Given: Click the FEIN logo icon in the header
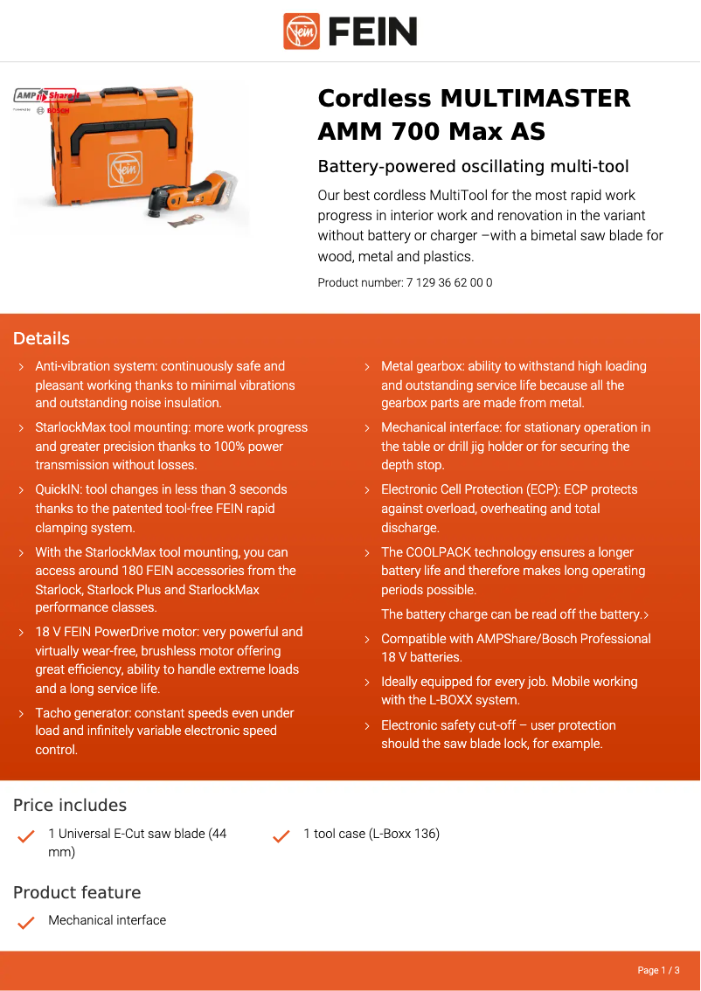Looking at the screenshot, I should pos(302,31).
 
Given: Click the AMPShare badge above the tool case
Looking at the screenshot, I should pos(45,95).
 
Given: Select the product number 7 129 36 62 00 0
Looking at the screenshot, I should pos(449,282).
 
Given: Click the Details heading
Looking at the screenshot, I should pos(41,339).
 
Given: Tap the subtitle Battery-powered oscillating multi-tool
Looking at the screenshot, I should pos(473,167).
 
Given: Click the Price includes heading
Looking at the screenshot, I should pos(70,806).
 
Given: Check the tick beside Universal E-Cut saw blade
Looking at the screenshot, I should pos(26,836).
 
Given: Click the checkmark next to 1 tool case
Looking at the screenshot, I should pos(281,836).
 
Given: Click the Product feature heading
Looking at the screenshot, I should pos(77,892).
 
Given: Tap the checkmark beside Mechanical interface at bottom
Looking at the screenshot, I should pos(26,922).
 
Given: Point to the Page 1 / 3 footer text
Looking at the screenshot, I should pos(658,970).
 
